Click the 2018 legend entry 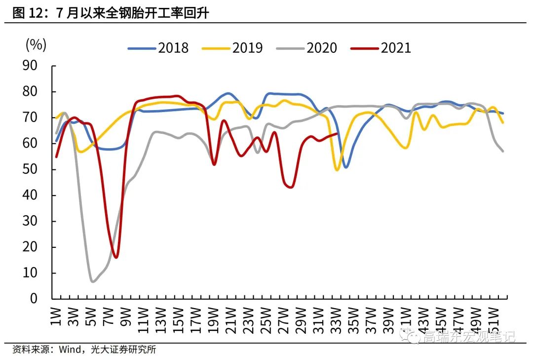pyautogui.click(x=158, y=48)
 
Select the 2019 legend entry pyautogui.click(x=232, y=48)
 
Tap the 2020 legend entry pyautogui.click(x=306, y=48)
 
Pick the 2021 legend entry pyautogui.click(x=381, y=48)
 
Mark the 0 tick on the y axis pyautogui.click(x=39, y=299)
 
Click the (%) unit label pyautogui.click(x=36, y=45)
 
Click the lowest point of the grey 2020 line pyautogui.click(x=92, y=281)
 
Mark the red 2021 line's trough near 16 pyautogui.click(x=116, y=257)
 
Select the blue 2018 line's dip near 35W pyautogui.click(x=346, y=167)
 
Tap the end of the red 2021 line pyautogui.click(x=337, y=133)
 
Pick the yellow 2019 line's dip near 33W pyautogui.click(x=337, y=170)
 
